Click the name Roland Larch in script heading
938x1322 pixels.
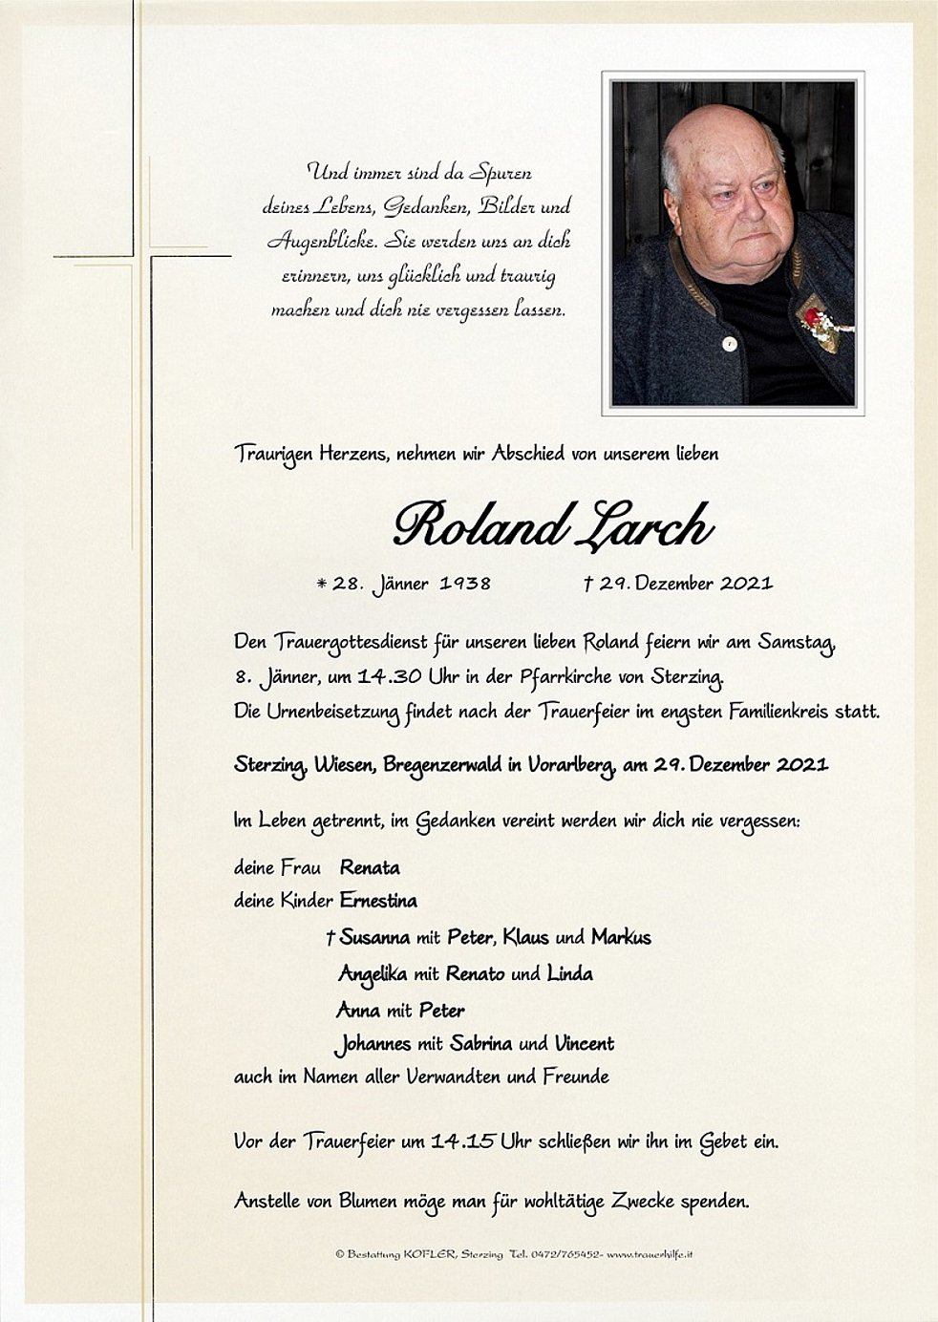tap(552, 525)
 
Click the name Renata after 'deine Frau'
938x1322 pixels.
tap(370, 867)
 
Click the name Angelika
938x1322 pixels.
tap(373, 973)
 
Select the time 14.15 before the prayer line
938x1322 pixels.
tap(463, 1141)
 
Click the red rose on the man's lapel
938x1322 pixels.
tap(811, 316)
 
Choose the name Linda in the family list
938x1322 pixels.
tap(569, 973)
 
